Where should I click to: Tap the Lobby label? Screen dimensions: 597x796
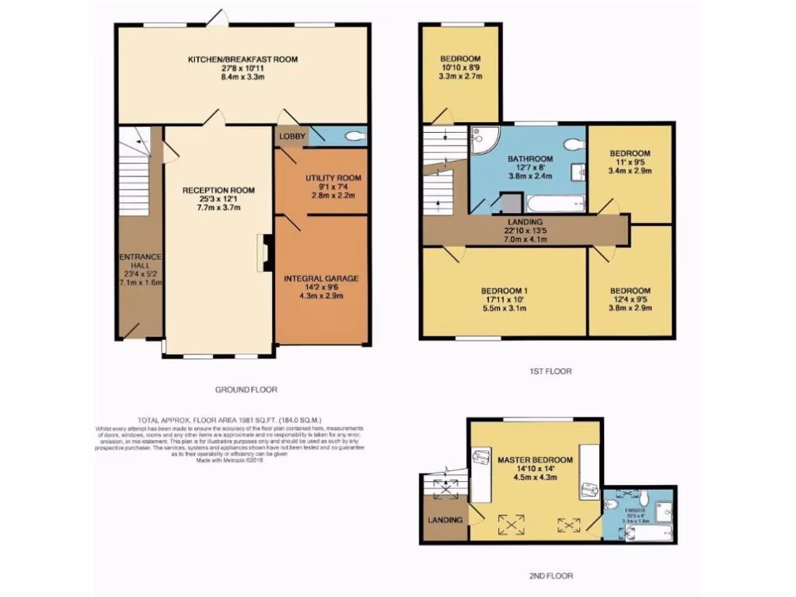point(292,137)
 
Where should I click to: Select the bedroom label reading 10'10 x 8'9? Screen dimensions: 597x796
point(460,68)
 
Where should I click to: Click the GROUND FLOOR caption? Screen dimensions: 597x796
point(246,389)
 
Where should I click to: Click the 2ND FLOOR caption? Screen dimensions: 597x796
point(550,576)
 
